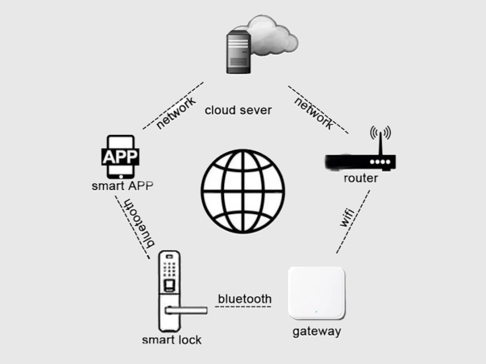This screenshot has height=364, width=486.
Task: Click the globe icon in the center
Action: click(243, 191)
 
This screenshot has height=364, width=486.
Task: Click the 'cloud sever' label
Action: click(238, 110)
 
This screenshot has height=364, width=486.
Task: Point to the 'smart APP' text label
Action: click(122, 186)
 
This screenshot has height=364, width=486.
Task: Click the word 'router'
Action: click(360, 178)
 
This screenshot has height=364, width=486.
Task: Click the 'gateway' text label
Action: click(316, 331)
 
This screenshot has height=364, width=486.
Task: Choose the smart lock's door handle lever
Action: click(186, 309)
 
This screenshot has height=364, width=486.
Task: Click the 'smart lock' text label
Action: click(172, 340)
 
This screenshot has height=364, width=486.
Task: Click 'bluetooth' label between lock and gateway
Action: click(245, 299)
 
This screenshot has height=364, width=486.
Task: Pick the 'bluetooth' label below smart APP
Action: click(139, 222)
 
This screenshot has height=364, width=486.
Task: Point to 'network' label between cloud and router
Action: click(314, 113)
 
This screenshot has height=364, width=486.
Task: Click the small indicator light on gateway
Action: click(316, 311)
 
